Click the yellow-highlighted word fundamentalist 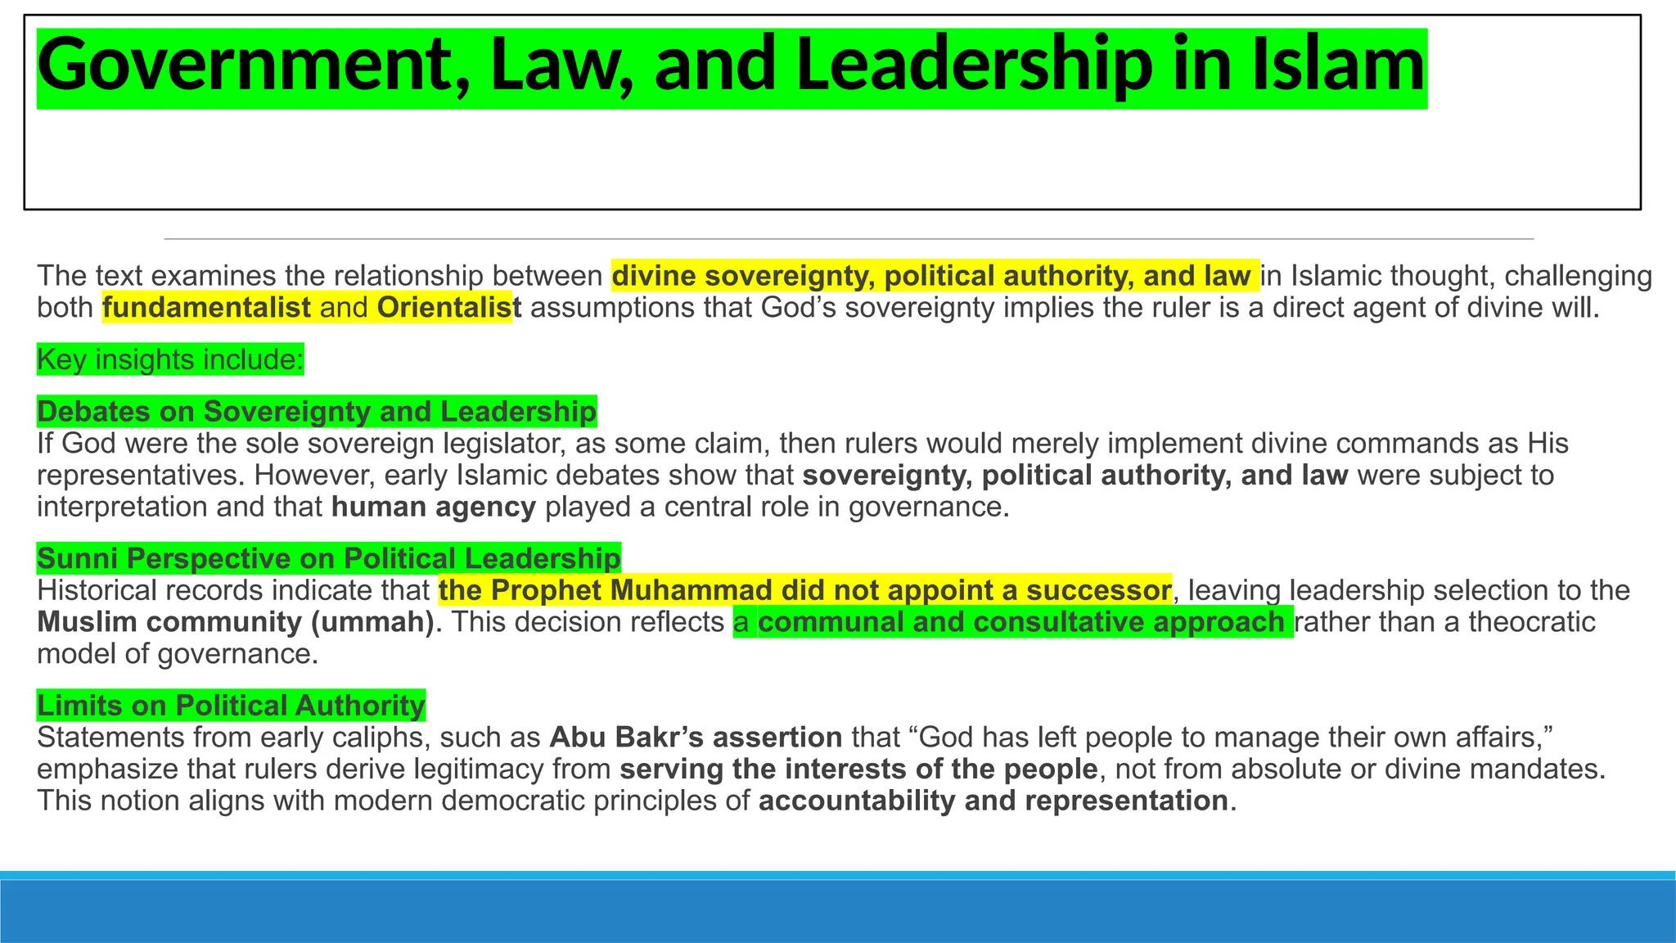[x=206, y=308]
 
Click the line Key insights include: [x=170, y=359]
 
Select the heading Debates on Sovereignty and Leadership [x=317, y=411]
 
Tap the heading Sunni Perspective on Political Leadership [x=329, y=558]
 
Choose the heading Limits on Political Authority [x=231, y=705]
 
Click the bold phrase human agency [x=434, y=508]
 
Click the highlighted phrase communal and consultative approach [x=1020, y=622]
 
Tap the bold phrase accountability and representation [x=993, y=801]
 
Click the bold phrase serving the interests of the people [x=858, y=769]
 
